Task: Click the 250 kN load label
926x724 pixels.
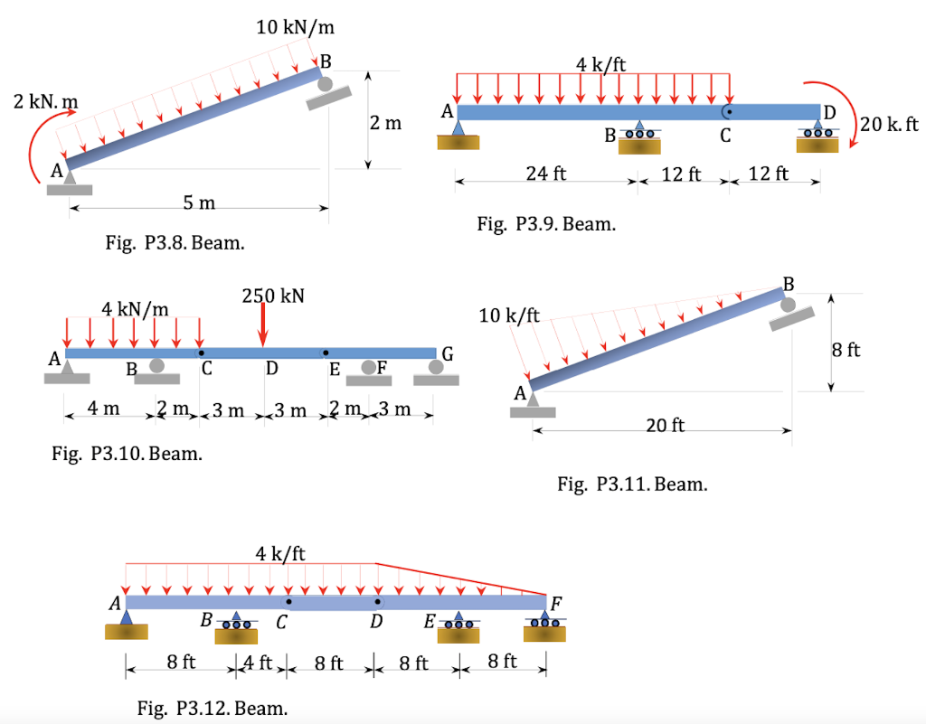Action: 273,296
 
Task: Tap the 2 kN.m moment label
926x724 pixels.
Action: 44,102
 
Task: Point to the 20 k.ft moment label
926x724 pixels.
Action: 889,125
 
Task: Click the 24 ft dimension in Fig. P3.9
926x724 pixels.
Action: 546,174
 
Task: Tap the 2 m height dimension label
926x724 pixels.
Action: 386,123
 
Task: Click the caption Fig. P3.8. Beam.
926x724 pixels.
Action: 175,243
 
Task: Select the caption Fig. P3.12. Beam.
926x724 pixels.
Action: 213,709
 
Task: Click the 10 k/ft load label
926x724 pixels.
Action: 509,315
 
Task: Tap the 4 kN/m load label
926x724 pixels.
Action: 135,309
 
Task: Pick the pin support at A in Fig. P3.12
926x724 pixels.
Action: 126,623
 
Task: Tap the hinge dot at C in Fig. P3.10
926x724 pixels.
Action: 201,353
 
